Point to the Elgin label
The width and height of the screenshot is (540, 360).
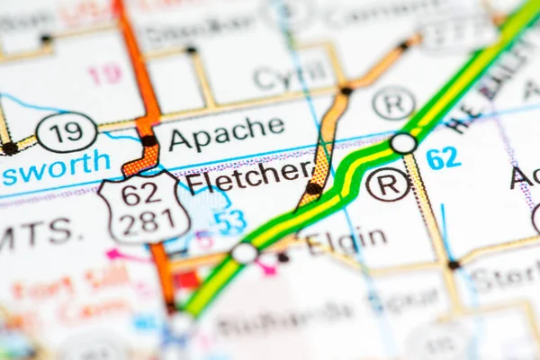pos(346,240)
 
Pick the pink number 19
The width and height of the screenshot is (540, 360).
pos(105,74)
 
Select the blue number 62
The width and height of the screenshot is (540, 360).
pos(443,158)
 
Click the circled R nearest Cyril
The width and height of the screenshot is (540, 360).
pos(393,103)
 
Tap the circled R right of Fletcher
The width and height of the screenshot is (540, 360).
pos(388,184)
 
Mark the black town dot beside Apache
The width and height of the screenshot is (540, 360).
pos(148,140)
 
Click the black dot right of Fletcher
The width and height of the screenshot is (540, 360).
pos(313,188)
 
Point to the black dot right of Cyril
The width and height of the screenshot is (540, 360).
pos(346,90)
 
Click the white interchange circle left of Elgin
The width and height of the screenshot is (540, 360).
pos(244,253)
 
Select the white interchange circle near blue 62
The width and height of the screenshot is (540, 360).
pos(403,143)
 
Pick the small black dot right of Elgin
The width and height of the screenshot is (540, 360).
pos(454,265)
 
